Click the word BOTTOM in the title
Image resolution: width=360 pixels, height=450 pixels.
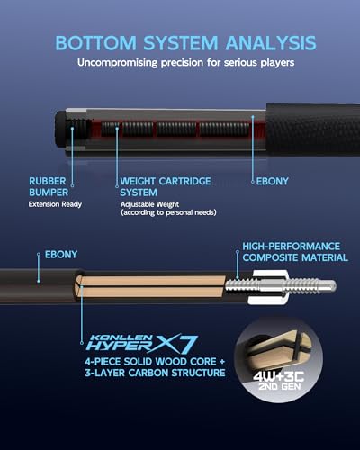click(x=96, y=43)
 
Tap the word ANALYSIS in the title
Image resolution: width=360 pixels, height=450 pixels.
click(x=271, y=43)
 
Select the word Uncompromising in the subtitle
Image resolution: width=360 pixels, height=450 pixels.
click(x=117, y=63)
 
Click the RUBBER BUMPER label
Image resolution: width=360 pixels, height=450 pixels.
click(x=49, y=186)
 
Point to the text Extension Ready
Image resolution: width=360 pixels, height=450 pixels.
click(x=55, y=204)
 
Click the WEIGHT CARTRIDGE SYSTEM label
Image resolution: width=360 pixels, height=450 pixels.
click(x=166, y=186)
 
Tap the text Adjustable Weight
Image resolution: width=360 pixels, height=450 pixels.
click(x=149, y=204)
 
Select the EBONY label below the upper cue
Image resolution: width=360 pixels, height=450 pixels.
click(x=273, y=181)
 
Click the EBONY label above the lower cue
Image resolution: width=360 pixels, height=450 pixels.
click(x=61, y=255)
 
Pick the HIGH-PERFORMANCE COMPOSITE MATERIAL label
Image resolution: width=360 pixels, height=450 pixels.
click(x=295, y=252)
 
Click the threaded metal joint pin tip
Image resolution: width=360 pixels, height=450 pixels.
click(x=331, y=285)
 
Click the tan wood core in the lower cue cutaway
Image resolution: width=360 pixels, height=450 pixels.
click(x=150, y=287)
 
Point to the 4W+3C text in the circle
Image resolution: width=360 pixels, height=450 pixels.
click(x=279, y=376)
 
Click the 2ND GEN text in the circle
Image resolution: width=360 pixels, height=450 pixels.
click(x=280, y=386)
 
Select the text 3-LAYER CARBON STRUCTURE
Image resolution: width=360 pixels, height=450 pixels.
click(x=155, y=373)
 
